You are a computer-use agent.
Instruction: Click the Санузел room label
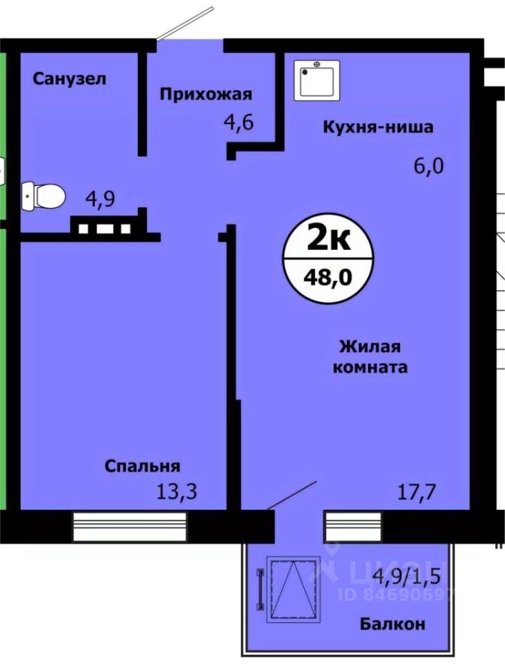tap(69, 78)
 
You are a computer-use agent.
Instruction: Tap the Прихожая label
tap(206, 94)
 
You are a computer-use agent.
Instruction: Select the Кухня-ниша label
tap(377, 127)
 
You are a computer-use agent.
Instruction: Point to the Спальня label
tap(143, 466)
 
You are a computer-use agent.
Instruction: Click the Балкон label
tap(393, 624)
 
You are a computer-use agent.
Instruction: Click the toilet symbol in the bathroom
tap(43, 195)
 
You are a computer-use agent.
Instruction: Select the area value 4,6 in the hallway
tap(238, 124)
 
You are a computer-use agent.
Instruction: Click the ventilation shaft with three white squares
tap(105, 227)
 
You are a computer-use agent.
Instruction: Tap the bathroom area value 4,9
tap(100, 198)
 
